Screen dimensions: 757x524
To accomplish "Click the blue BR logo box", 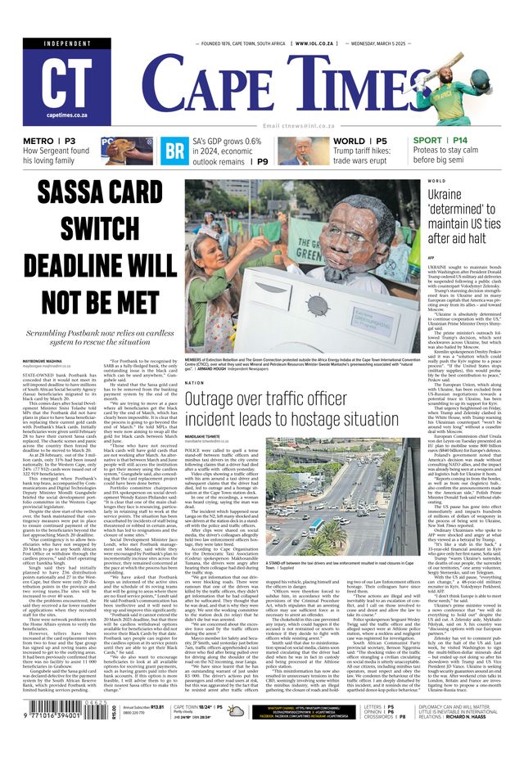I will pyautogui.click(x=174, y=151).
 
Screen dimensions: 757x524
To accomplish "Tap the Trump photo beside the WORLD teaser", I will pyautogui.click(x=305, y=151).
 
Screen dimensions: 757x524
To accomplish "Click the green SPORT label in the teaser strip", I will pyautogui.click(x=427, y=141).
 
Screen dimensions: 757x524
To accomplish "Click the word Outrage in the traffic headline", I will pyautogui.click(x=217, y=399).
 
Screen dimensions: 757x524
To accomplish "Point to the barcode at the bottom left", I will pyautogui.click(x=50, y=731).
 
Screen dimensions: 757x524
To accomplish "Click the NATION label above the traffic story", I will pyautogui.click(x=194, y=382).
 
